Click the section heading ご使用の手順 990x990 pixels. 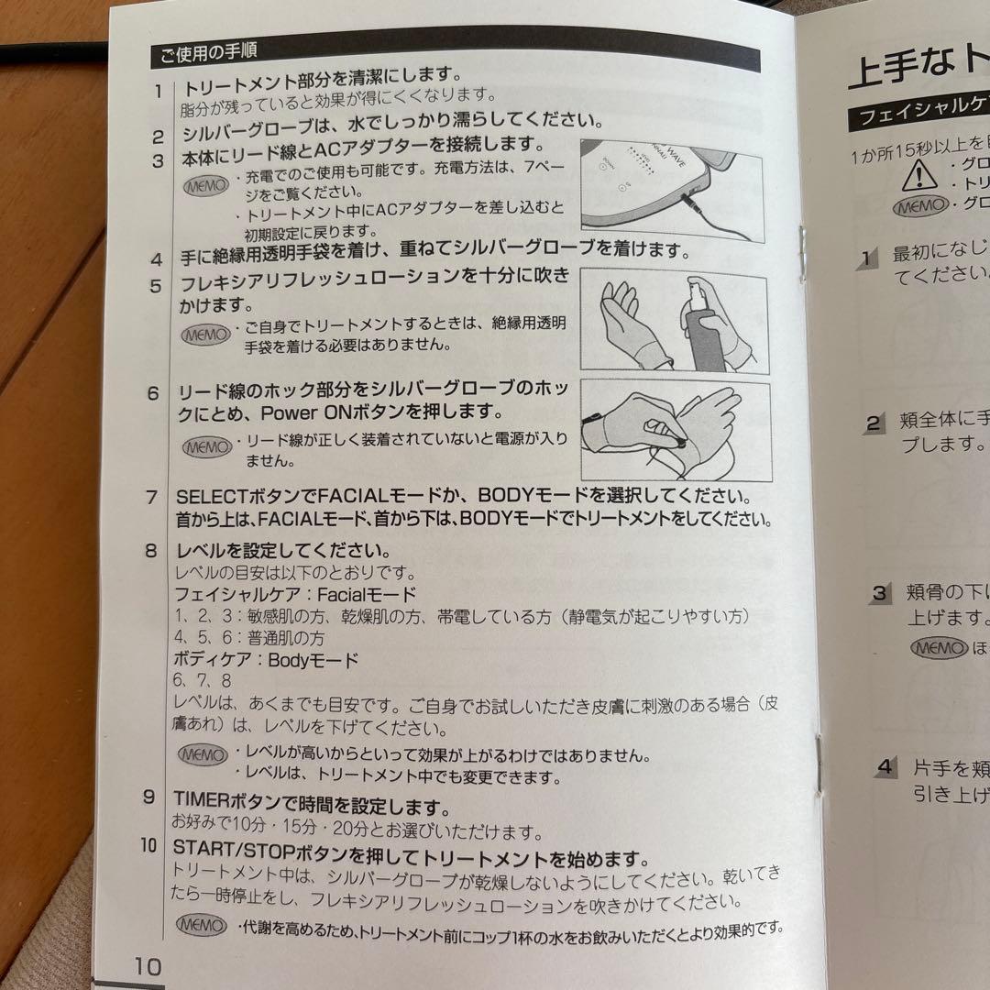coord(209,53)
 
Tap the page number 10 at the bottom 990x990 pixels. coord(148,966)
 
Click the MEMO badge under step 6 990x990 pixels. coord(207,446)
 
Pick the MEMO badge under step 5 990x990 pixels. coord(206,335)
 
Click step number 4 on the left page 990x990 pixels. coord(157,258)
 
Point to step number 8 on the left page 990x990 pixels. coord(150,552)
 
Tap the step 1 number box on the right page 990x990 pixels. coord(867,258)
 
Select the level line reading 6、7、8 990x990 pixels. coord(202,681)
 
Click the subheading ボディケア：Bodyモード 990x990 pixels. coord(266,659)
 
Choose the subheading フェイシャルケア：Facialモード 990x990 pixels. coord(295,594)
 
